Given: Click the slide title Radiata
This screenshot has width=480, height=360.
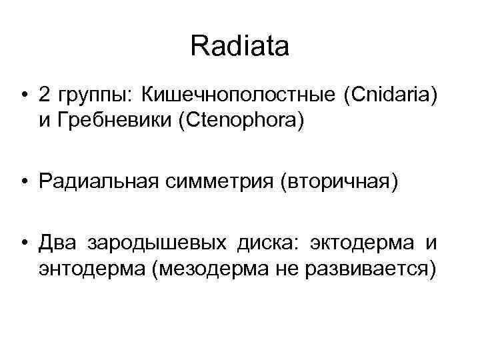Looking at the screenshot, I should click(239, 47).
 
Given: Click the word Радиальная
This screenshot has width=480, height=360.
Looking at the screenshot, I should click(97, 182).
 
